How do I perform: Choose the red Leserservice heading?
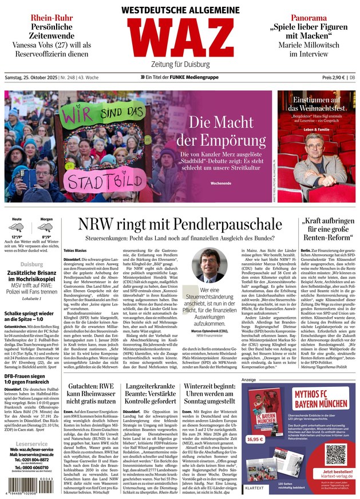[x=31, y=444]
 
